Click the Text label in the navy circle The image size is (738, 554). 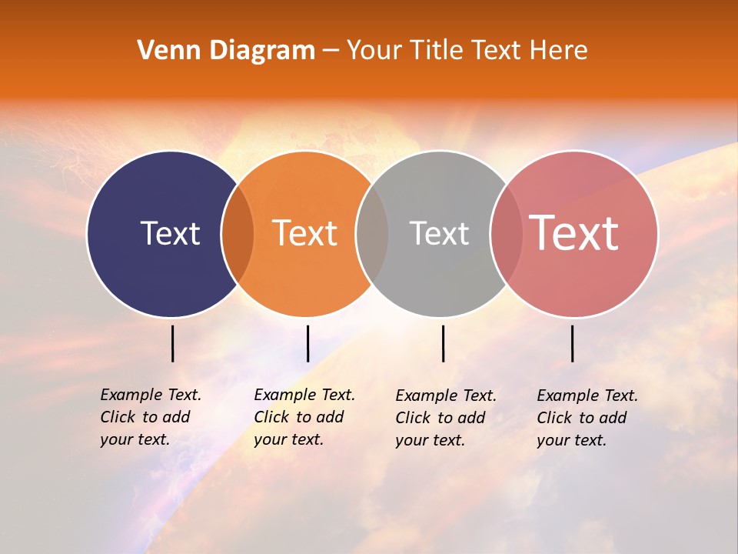click(170, 233)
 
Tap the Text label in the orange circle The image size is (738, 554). click(304, 233)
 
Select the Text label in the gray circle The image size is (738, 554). click(439, 233)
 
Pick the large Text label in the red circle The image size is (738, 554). click(574, 233)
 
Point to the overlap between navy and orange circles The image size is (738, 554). click(238, 233)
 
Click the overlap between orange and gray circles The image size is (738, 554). click(372, 233)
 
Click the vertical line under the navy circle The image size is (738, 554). click(173, 343)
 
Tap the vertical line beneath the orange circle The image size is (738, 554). click(307, 343)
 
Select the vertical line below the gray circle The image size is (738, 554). click(444, 343)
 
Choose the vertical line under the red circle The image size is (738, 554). click(573, 343)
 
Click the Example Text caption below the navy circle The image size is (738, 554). click(150, 417)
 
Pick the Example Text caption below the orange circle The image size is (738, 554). click(304, 417)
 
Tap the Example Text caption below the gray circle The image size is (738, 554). click(445, 418)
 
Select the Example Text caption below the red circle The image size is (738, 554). click(587, 418)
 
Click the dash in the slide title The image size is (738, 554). click(331, 52)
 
